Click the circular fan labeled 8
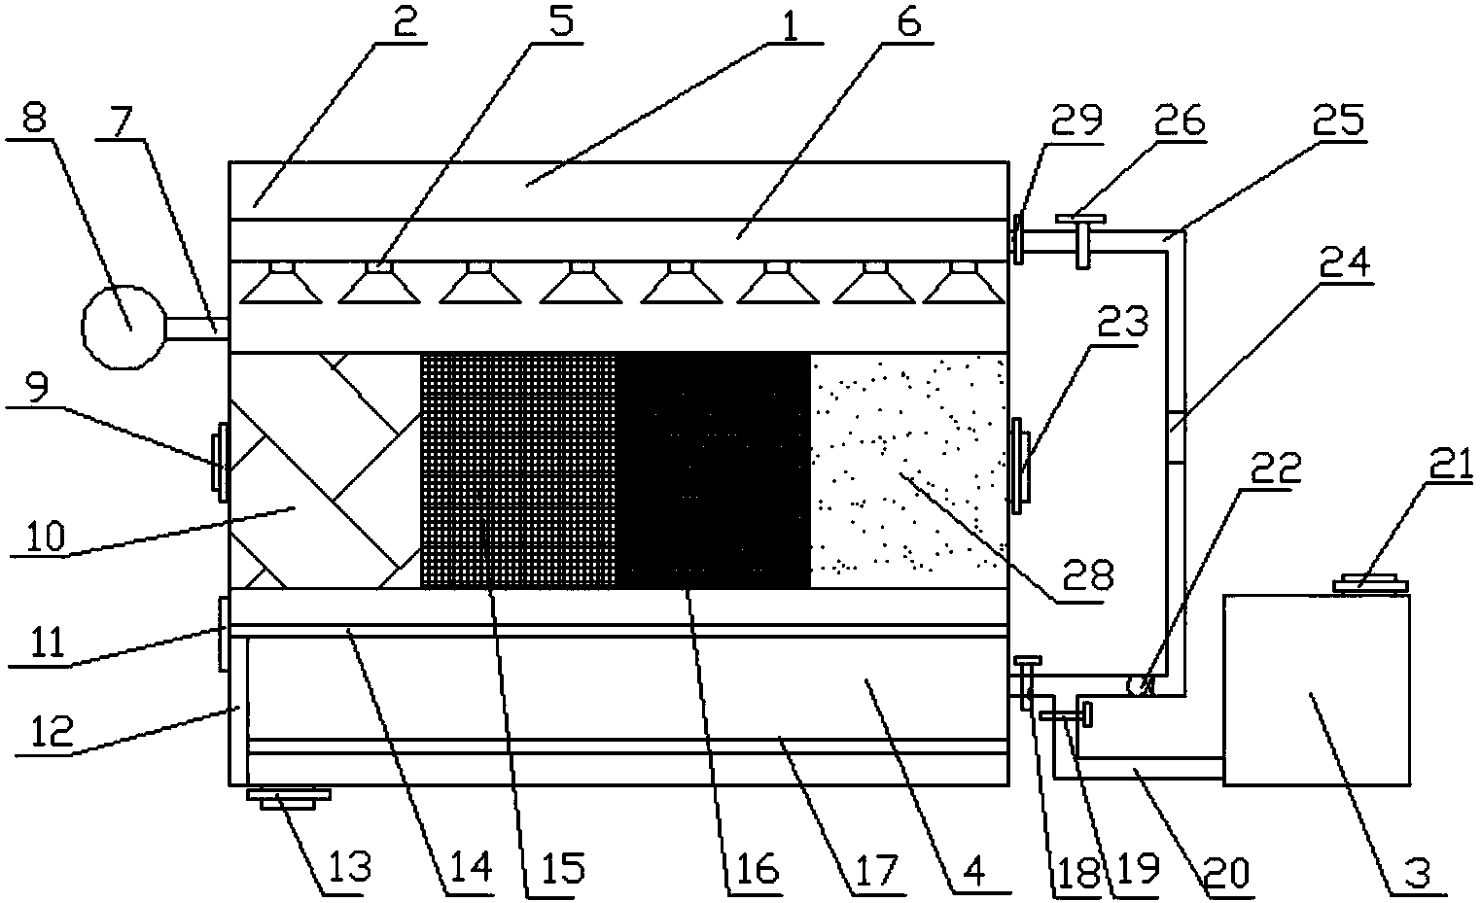pos(123,327)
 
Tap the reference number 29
pos(1077,121)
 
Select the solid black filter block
pos(713,470)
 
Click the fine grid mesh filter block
pos(518,470)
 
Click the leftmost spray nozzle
pos(281,283)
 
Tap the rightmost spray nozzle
pos(964,283)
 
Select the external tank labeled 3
pos(1317,690)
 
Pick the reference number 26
pos(1178,121)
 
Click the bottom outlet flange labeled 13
pos(289,798)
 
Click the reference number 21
pos(1450,465)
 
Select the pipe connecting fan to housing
pos(196,329)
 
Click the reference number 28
pos(1089,575)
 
